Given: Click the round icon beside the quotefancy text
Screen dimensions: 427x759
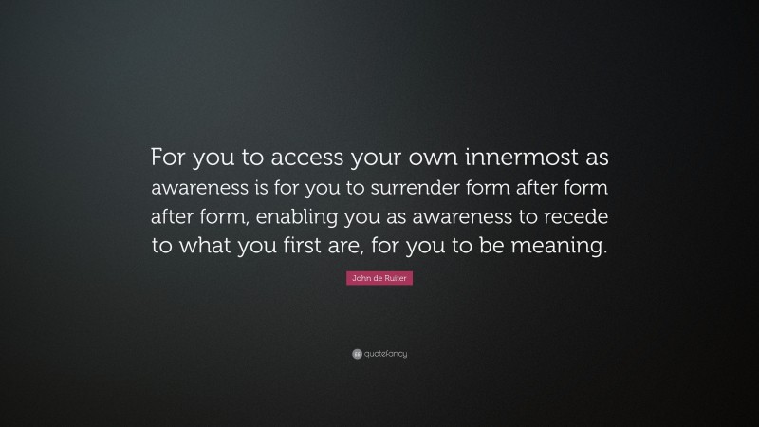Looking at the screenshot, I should (357, 354).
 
